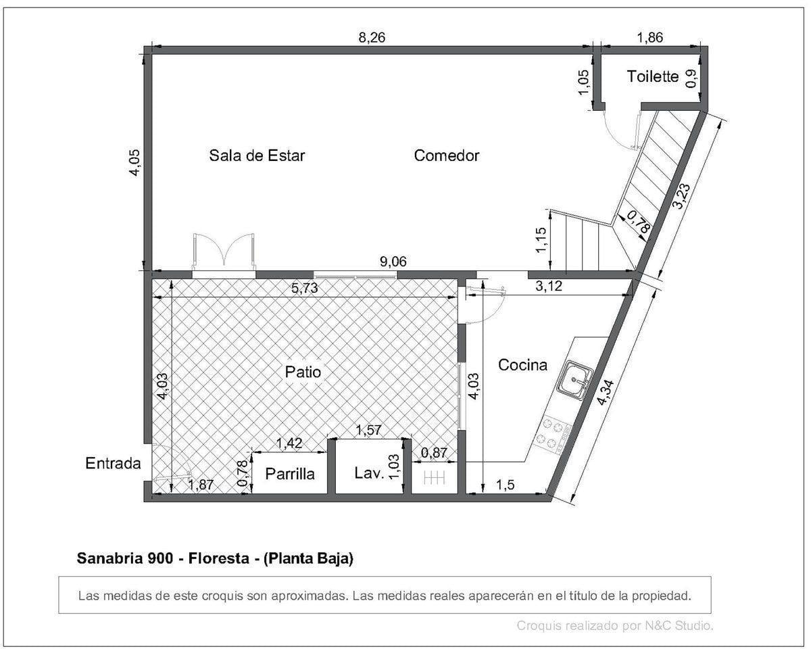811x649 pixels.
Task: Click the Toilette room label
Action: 652,76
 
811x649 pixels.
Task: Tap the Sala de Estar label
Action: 257,155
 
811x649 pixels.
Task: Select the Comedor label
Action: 447,155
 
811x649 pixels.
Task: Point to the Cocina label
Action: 522,364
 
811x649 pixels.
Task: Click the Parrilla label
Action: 290,474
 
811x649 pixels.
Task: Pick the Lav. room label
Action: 369,473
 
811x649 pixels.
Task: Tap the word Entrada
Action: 113,463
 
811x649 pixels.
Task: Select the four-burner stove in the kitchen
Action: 553,434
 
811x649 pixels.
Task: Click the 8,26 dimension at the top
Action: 372,38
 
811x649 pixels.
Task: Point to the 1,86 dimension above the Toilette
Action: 649,38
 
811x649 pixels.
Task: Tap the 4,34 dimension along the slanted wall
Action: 606,393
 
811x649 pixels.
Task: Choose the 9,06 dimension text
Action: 393,262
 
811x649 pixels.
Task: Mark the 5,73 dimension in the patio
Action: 305,288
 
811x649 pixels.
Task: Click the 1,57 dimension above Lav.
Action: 368,430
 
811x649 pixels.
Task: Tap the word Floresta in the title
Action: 219,558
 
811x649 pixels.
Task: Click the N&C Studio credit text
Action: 679,625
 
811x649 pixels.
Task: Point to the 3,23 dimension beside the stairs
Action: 681,196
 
